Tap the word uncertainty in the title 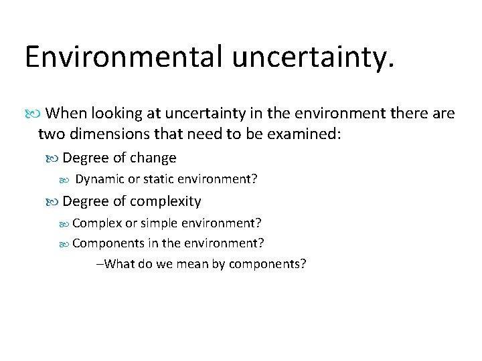(x=313, y=57)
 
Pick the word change (x=153, y=158)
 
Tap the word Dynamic (x=99, y=179)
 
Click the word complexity (x=165, y=201)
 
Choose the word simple (x=159, y=222)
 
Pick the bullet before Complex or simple (x=65, y=223)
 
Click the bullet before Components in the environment (x=65, y=243)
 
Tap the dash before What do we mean (x=100, y=263)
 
